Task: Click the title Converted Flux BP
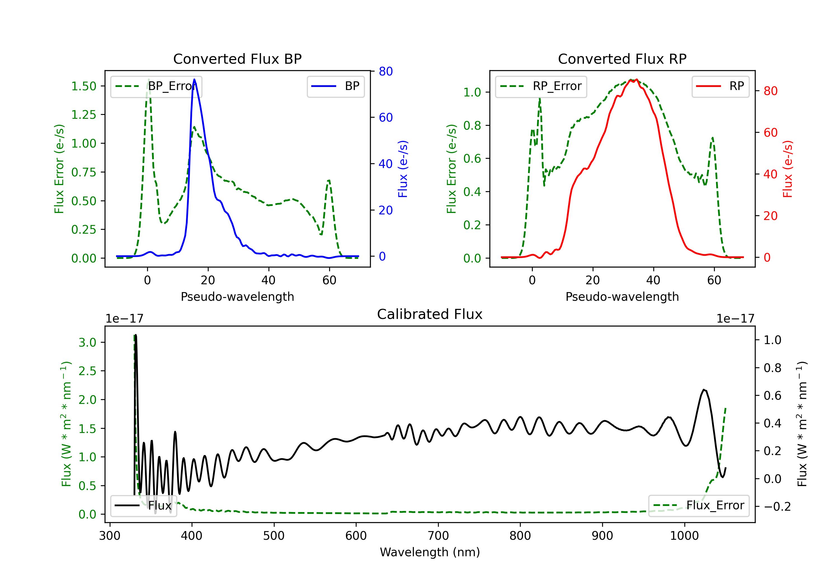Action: pyautogui.click(x=237, y=59)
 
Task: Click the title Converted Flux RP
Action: pyautogui.click(x=622, y=59)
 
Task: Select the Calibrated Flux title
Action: pyautogui.click(x=430, y=314)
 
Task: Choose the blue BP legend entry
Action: pyautogui.click(x=335, y=86)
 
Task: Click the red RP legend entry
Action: pyautogui.click(x=720, y=86)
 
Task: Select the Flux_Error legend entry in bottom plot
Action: pyautogui.click(x=699, y=506)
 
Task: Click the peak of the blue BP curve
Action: pyautogui.click(x=194, y=79)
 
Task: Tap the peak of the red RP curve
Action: pyautogui.click(x=637, y=80)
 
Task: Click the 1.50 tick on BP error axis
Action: pyautogui.click(x=84, y=86)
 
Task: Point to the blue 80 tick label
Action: pyautogui.click(x=386, y=71)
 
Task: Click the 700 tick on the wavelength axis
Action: pyautogui.click(x=438, y=536)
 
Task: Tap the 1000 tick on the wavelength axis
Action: pyautogui.click(x=684, y=536)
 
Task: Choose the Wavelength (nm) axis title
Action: pyautogui.click(x=430, y=552)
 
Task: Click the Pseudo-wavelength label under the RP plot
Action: pyautogui.click(x=622, y=297)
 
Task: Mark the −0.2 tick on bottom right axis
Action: pyautogui.click(x=777, y=507)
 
